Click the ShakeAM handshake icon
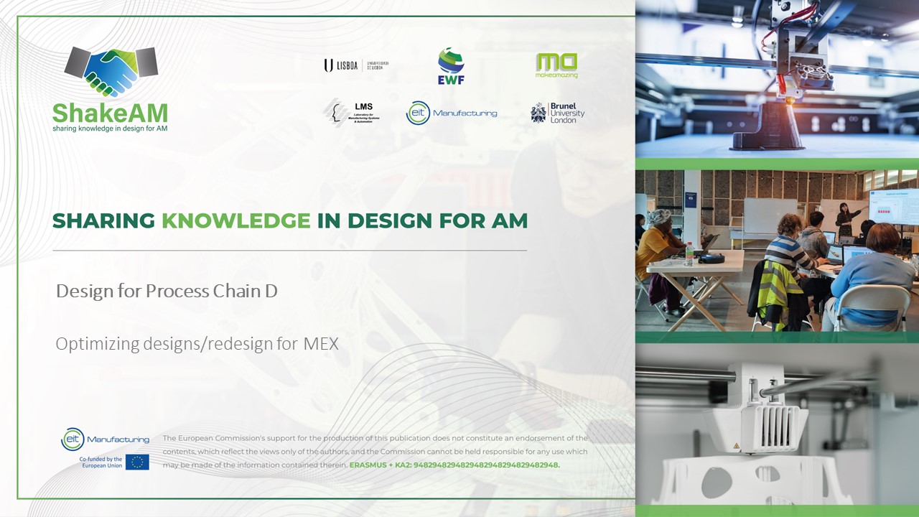[111, 71]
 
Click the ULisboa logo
[355, 65]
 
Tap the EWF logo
[451, 66]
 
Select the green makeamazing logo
[556, 65]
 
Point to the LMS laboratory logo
[351, 113]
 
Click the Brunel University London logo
[557, 113]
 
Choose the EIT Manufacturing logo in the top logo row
[451, 113]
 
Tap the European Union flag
[137, 462]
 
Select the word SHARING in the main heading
[103, 221]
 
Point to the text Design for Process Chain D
[167, 291]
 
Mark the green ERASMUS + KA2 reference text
[454, 465]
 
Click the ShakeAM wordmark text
[110, 112]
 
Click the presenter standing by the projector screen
[844, 220]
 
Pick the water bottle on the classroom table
[689, 254]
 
